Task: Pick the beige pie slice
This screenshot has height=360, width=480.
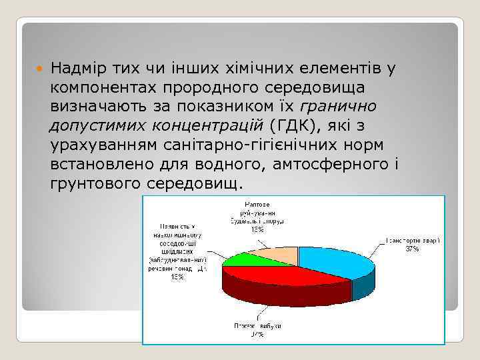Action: pos(277,253)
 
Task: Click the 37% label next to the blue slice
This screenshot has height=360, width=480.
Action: pos(411,249)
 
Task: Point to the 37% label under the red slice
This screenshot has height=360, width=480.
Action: pos(257,334)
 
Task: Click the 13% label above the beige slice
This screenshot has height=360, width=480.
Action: pos(257,229)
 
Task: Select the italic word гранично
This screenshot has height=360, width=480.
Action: pos(339,106)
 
